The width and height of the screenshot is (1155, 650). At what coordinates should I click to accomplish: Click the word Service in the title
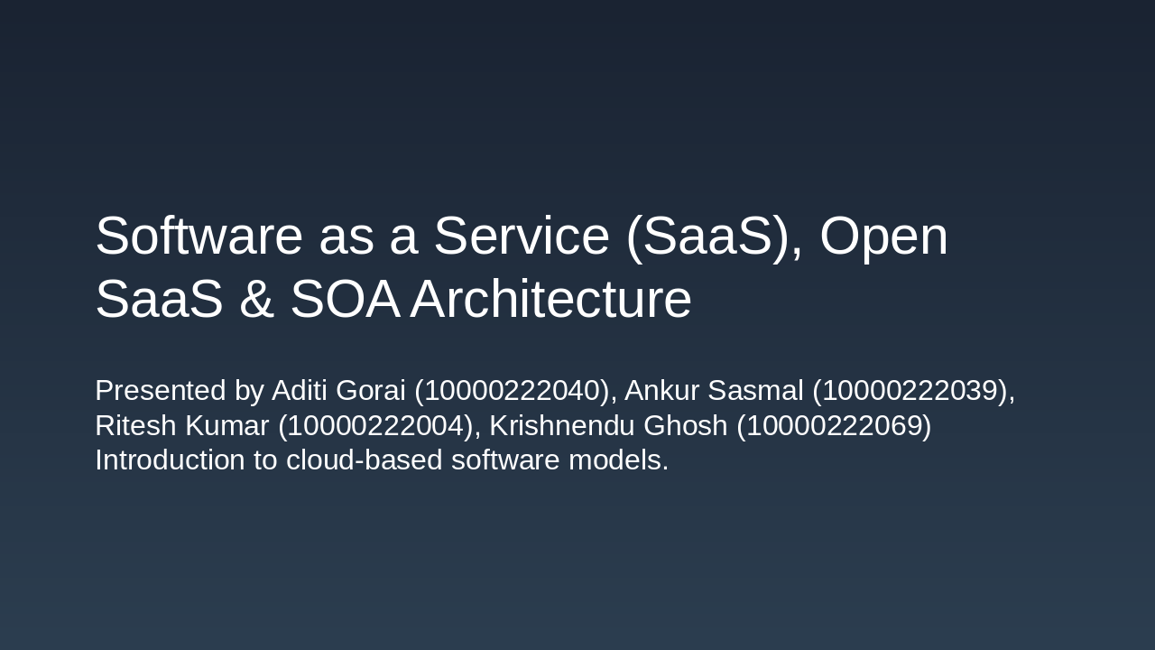tap(522, 236)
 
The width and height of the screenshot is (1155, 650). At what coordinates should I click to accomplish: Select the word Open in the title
tap(883, 236)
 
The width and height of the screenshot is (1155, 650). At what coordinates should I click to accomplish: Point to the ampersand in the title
tap(256, 299)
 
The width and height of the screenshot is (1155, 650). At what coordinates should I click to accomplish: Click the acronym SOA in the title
tap(345, 299)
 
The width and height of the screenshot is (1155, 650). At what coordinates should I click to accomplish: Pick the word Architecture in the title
tap(550, 299)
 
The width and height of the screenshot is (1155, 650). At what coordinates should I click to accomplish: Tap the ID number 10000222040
tap(512, 390)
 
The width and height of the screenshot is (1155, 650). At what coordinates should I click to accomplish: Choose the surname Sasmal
tap(755, 390)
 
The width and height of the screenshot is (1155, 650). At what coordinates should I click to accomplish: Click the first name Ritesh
tap(136, 425)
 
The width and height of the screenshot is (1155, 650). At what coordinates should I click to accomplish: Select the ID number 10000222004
tap(374, 425)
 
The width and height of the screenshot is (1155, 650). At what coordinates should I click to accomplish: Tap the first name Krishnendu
tap(562, 425)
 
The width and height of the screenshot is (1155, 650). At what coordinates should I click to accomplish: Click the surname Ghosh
tap(685, 425)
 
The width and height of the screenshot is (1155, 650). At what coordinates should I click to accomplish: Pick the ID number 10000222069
tap(834, 425)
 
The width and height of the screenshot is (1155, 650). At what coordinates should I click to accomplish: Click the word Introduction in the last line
tap(170, 460)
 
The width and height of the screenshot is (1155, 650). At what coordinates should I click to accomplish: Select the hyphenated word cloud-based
tap(365, 460)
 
